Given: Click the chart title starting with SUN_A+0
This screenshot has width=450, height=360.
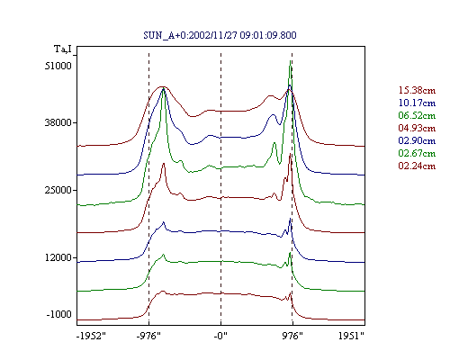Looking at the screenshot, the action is click(220, 35).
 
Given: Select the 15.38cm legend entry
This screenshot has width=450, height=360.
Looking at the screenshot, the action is click(417, 90).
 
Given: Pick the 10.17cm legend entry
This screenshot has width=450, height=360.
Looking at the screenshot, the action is click(417, 103).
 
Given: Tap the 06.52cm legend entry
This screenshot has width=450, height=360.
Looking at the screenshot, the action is click(417, 115).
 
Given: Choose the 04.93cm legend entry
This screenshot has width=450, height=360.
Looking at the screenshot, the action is click(417, 128).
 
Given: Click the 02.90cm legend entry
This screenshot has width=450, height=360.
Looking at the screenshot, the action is click(417, 140).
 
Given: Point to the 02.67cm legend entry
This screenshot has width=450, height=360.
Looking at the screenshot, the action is click(417, 153).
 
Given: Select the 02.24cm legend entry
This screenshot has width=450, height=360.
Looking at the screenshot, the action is click(417, 166).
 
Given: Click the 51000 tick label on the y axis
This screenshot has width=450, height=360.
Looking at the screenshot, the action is click(58, 66).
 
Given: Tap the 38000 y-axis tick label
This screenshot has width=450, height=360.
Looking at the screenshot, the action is click(58, 122).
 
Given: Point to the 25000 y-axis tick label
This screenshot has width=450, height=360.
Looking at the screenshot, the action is click(58, 190).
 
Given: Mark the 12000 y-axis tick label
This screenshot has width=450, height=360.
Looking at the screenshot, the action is click(58, 257).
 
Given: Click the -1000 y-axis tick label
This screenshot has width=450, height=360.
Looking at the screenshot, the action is click(59, 314).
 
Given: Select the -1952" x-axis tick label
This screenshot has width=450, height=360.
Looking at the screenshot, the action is click(91, 336).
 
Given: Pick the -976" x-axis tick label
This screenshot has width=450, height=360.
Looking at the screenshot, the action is click(148, 336).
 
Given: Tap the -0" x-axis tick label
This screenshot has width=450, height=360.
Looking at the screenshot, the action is click(220, 336).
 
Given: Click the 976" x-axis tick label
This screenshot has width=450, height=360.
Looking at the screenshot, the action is click(292, 336).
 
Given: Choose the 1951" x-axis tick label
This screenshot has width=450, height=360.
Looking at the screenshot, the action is click(351, 336).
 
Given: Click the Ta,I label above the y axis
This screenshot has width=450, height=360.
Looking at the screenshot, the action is click(63, 49).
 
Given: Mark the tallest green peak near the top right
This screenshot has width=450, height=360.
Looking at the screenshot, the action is click(290, 61).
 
